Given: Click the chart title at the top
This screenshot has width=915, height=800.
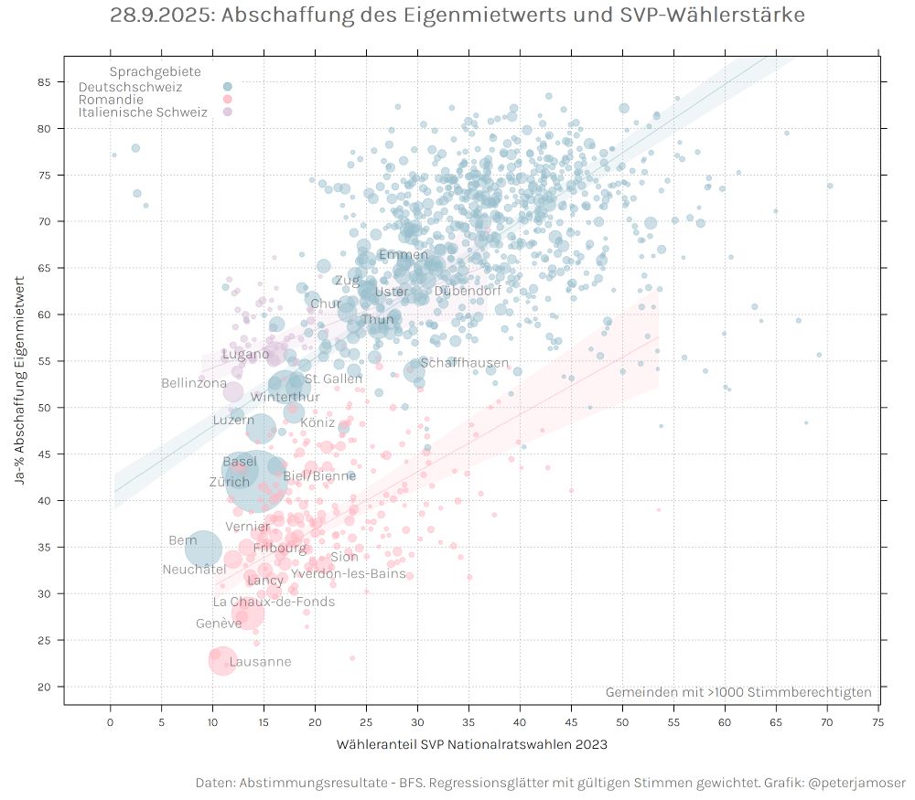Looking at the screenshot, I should tap(457, 16).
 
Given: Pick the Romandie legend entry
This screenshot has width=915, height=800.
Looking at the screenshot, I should tap(111, 100).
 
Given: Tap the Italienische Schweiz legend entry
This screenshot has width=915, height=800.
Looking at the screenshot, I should tap(143, 112).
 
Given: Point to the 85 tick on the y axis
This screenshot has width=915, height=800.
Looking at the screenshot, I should tap(45, 82).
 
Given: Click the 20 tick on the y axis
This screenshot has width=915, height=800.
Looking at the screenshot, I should tap(45, 687).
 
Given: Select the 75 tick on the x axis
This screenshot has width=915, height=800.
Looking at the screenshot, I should tap(877, 720).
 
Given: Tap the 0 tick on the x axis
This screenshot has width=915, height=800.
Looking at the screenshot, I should tap(111, 720).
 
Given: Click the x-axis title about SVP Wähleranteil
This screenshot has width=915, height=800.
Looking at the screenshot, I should tap(472, 744).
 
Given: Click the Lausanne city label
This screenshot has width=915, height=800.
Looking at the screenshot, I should tap(260, 662).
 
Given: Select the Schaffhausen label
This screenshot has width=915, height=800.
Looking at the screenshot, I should tap(464, 363).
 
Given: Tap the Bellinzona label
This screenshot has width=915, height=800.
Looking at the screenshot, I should tap(193, 383).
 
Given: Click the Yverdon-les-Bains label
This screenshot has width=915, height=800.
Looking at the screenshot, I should tap(348, 573).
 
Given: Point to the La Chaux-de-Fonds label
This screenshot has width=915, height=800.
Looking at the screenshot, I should tap(274, 602).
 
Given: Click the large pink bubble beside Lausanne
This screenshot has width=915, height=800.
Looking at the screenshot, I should tap(221, 660).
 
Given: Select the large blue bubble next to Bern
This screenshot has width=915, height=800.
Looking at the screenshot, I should tap(203, 549).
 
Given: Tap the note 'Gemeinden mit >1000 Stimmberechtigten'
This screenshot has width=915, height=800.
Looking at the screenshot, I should tap(737, 692).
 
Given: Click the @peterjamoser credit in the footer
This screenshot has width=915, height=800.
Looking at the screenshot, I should tap(857, 783).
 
